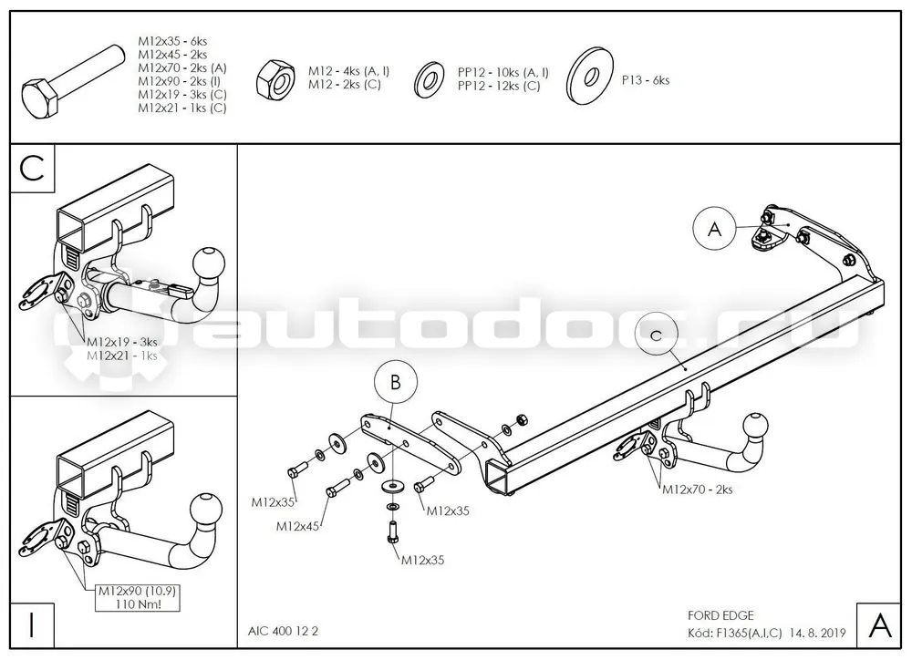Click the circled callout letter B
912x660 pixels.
396,383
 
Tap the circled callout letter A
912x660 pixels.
715,229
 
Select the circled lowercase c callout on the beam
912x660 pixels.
657,335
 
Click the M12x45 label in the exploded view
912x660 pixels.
297,526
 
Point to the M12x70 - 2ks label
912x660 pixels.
698,490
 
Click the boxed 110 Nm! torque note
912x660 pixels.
138,604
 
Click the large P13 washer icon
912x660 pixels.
590,77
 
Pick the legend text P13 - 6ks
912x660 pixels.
646,80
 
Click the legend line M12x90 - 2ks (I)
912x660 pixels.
179,81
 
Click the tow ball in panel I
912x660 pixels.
207,510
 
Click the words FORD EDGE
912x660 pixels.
720,615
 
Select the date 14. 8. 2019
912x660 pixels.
817,633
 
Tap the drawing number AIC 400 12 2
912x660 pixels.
284,631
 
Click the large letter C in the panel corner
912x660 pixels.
32,169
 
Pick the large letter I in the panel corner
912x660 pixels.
32,625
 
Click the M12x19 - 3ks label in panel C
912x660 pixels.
121,342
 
